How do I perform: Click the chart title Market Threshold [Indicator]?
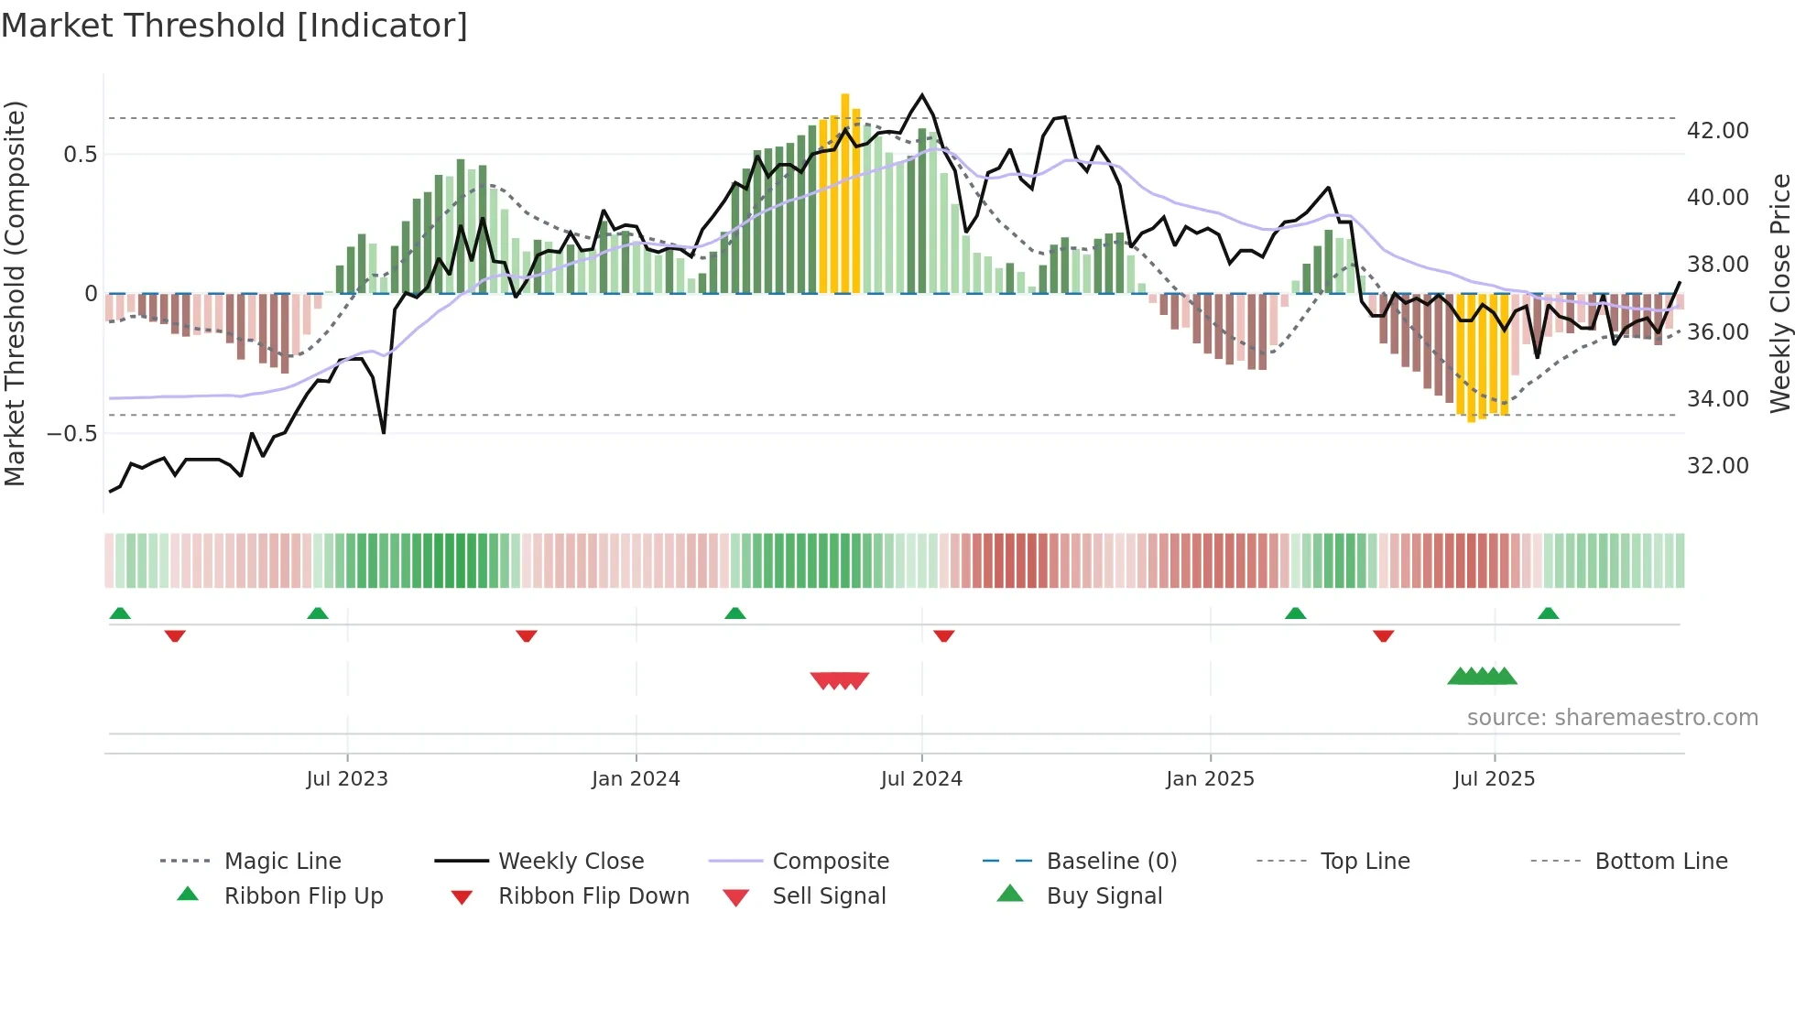click(x=234, y=26)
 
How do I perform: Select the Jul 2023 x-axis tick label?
click(x=347, y=779)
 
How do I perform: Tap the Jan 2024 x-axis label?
click(x=636, y=779)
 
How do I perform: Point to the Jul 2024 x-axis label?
click(x=921, y=779)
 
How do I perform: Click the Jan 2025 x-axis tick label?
click(x=1210, y=779)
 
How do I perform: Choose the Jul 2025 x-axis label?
click(x=1494, y=779)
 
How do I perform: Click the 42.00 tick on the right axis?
click(x=1717, y=131)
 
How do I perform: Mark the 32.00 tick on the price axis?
click(x=1717, y=466)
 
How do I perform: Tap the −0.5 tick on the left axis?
click(x=71, y=434)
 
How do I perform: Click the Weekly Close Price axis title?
click(x=1779, y=293)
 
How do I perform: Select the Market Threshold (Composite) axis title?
click(x=15, y=293)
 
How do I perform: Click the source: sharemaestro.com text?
click(x=1612, y=718)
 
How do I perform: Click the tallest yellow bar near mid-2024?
click(x=845, y=192)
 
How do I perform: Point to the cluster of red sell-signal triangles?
click(x=840, y=680)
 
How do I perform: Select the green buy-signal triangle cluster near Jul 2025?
click(x=1482, y=677)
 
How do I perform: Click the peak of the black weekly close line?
click(x=922, y=95)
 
